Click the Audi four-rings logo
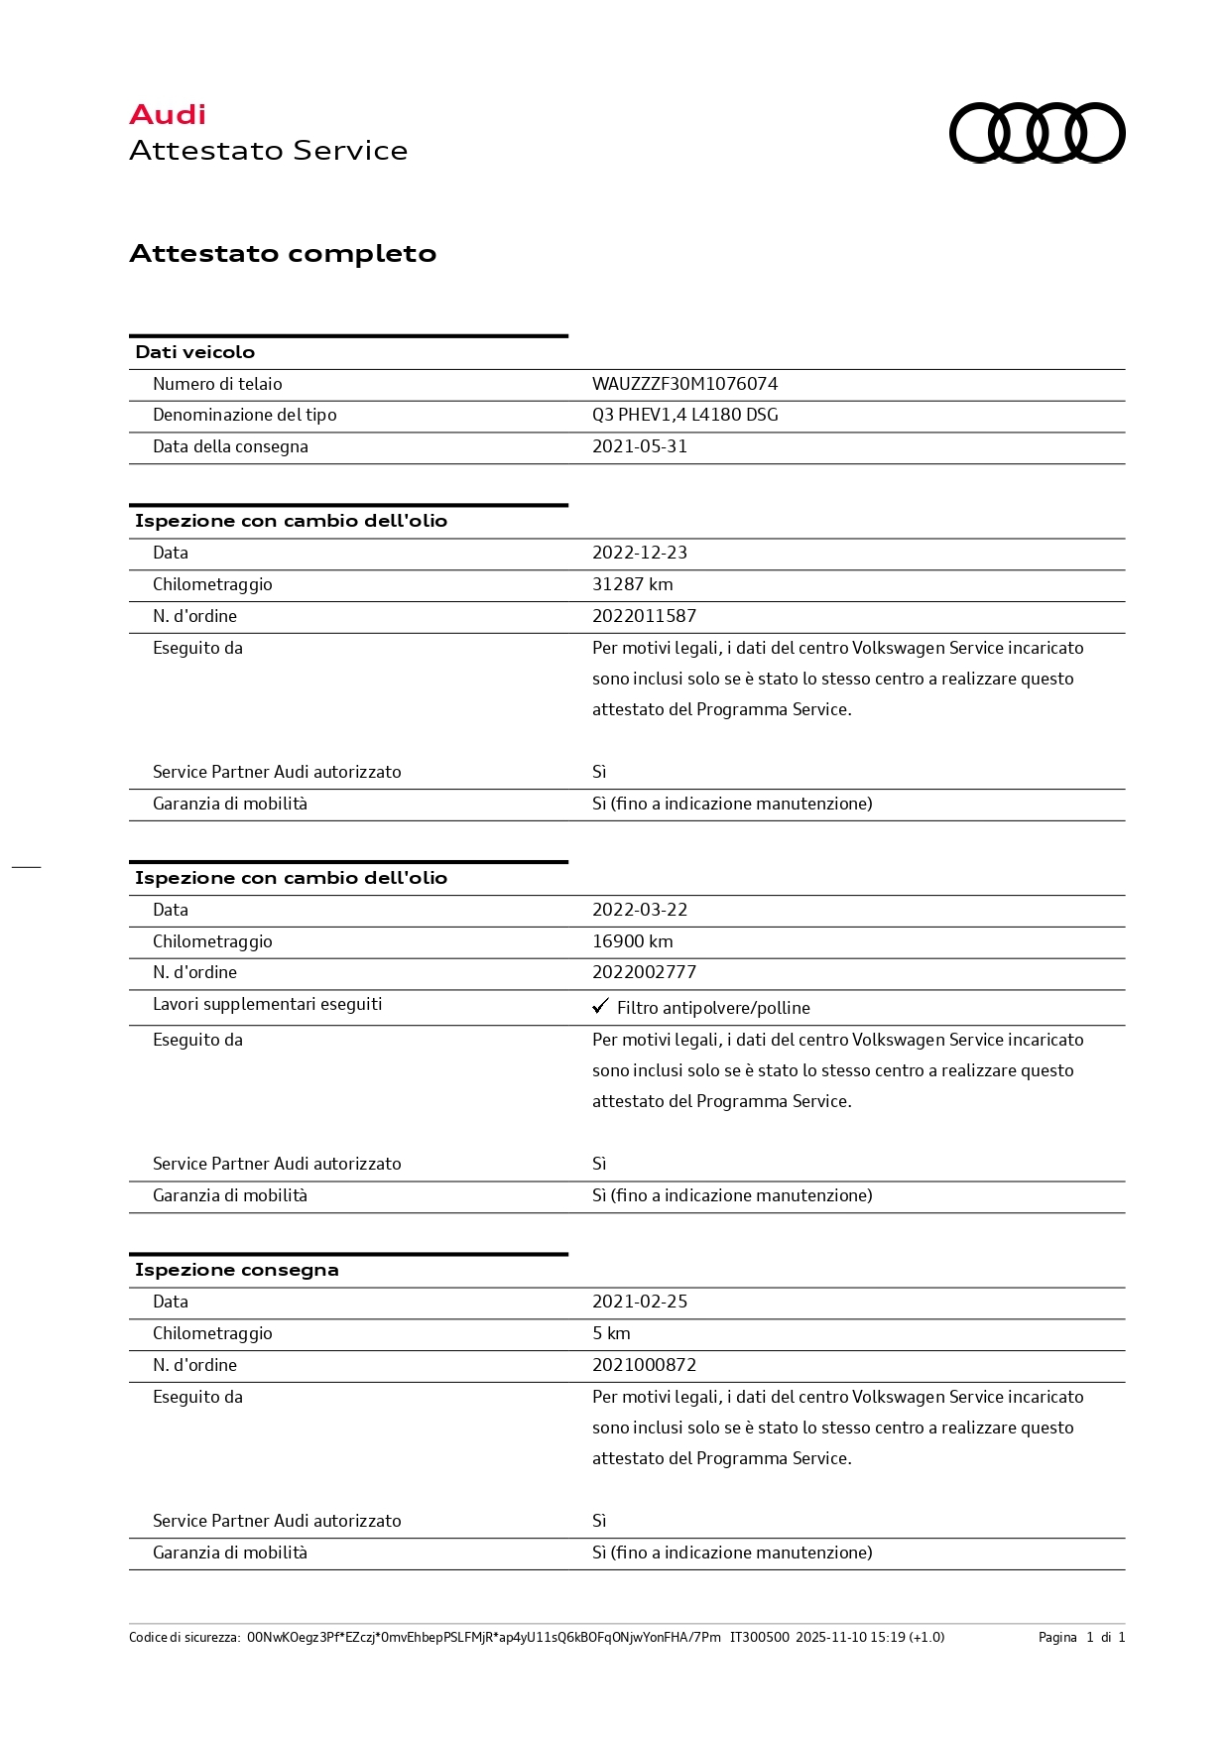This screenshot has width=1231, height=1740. click(1037, 132)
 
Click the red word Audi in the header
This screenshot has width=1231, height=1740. click(168, 115)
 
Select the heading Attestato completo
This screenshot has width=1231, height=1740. click(283, 254)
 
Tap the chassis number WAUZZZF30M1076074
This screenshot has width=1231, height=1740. click(684, 384)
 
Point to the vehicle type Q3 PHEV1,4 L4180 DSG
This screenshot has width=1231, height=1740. click(684, 415)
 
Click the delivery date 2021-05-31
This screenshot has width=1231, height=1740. click(640, 446)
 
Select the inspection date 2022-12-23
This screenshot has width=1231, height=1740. click(640, 553)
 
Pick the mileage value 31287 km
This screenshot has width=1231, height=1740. click(632, 584)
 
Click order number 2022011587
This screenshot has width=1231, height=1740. click(644, 616)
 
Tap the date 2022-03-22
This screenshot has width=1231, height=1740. click(640, 910)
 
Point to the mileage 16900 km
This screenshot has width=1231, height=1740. click(632, 941)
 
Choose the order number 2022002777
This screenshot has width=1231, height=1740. click(644, 972)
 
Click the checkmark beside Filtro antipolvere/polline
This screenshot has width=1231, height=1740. click(600, 1006)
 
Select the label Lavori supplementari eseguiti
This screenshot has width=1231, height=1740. click(267, 1004)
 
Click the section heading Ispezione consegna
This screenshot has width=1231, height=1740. click(236, 1270)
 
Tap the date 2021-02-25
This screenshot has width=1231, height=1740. click(640, 1302)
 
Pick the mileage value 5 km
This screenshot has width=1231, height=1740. click(611, 1333)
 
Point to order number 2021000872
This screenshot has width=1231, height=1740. click(644, 1365)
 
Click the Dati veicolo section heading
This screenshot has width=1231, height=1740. click(194, 352)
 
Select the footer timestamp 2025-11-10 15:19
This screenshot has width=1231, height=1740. click(850, 1637)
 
